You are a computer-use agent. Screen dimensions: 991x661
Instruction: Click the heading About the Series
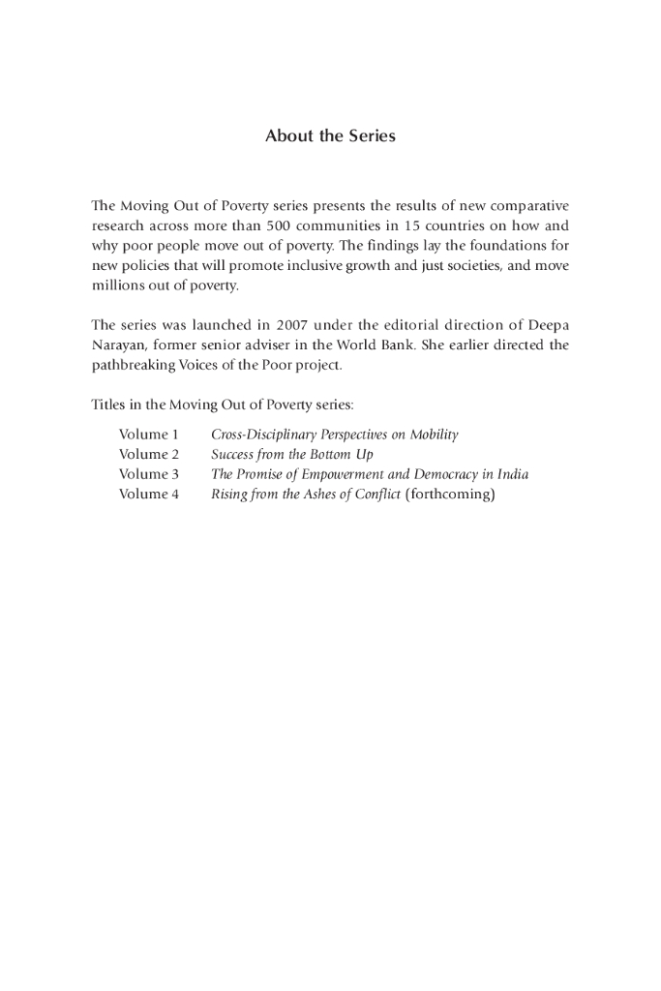(x=330, y=136)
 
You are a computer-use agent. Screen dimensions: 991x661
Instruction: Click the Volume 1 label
(x=149, y=435)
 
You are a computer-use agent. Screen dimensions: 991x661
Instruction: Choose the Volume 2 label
(x=149, y=454)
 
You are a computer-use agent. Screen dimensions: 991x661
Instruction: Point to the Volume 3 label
(x=149, y=474)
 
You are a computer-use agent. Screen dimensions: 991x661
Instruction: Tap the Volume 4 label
(x=149, y=495)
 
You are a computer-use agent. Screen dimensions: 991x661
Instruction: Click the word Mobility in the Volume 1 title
(x=434, y=435)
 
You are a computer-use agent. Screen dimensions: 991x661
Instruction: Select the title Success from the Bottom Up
(x=291, y=454)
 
